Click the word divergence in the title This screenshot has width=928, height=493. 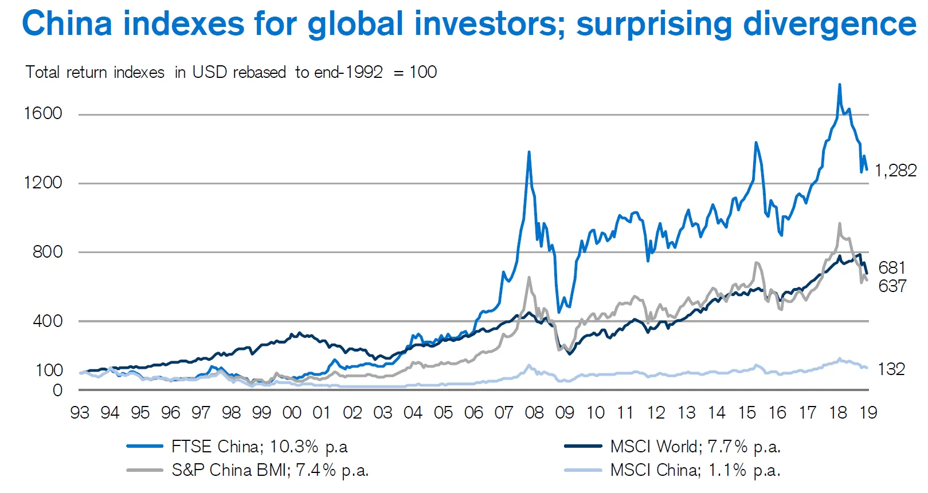coord(829,24)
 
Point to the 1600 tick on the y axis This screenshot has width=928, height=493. coord(43,113)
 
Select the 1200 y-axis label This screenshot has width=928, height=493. coord(43,183)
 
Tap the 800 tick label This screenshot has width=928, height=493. coord(48,252)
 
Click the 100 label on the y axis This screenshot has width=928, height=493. coord(49,370)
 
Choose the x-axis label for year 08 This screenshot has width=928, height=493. coord(534,413)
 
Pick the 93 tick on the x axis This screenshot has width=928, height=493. coord(80,413)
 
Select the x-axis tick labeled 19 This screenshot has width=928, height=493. coord(868,413)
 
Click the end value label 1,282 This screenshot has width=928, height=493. coord(895,171)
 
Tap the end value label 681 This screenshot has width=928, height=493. coord(892,268)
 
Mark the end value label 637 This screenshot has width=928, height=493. coord(892,286)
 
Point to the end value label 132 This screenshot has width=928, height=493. coord(891,369)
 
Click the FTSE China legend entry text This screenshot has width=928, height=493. coord(259,447)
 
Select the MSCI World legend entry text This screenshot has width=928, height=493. coord(695,447)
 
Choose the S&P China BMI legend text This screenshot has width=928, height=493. coord(270,470)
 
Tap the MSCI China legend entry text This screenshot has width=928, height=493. coord(695,470)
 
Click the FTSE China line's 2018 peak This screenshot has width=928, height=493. coord(840,85)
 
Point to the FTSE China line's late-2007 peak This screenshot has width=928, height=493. coord(529,152)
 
